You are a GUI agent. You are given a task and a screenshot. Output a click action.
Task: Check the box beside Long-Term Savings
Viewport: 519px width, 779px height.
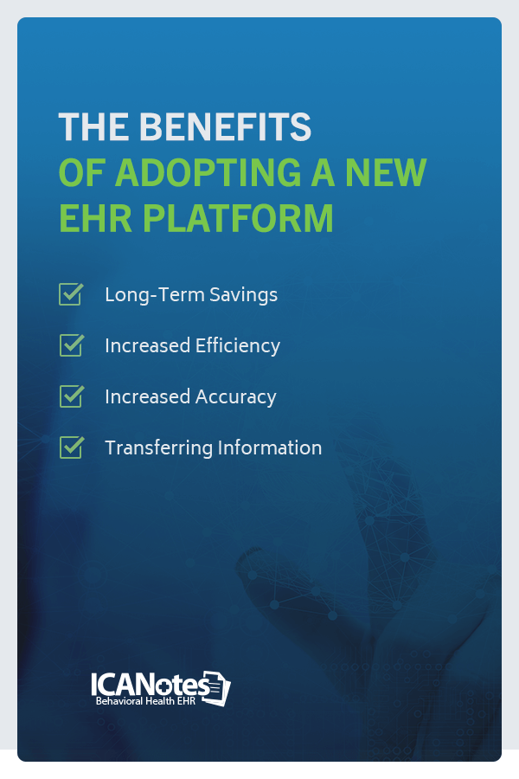point(71,293)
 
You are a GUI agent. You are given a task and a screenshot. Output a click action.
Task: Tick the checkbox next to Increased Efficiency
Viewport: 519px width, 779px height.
point(71,344)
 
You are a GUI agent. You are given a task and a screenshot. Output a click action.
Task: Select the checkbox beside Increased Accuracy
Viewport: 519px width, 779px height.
point(71,396)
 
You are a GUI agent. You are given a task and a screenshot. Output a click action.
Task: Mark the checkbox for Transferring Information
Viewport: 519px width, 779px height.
point(71,447)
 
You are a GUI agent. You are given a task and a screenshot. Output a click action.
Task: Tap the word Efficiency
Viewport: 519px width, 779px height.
point(236,345)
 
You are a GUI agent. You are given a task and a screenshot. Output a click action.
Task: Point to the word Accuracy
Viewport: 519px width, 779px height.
point(234,396)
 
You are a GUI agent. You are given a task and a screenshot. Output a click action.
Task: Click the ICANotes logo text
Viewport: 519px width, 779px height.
point(150,685)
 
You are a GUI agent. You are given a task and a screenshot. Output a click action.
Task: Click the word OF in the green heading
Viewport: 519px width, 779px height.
point(79,172)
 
